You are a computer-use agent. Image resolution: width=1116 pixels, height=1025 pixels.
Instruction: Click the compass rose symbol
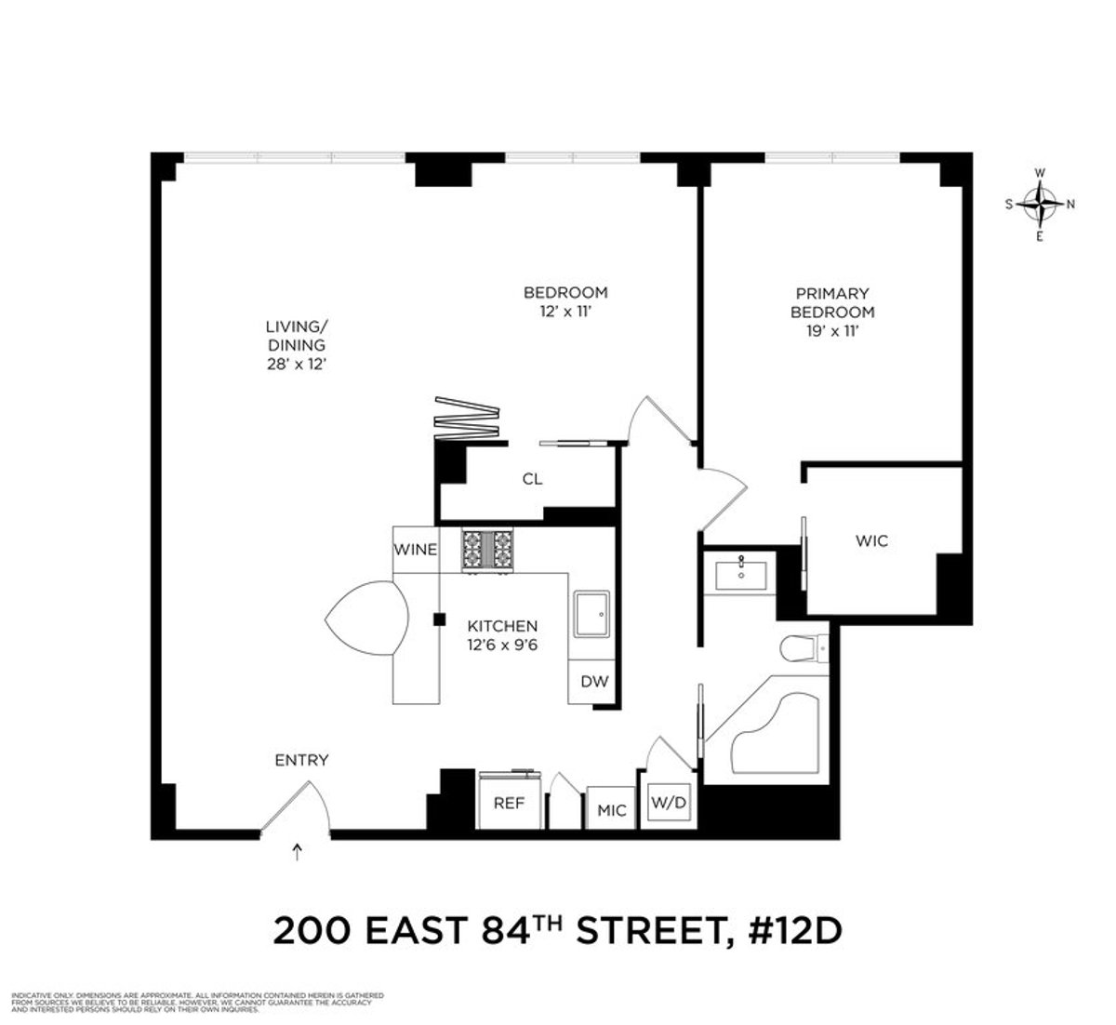(x=1039, y=204)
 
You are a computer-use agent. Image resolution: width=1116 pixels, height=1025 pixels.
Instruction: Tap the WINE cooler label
(x=415, y=550)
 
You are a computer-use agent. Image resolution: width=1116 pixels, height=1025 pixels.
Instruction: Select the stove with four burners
(x=488, y=550)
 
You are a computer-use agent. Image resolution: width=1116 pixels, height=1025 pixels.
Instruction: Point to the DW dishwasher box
(x=594, y=682)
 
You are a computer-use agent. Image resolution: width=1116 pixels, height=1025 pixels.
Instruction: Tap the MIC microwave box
(x=611, y=809)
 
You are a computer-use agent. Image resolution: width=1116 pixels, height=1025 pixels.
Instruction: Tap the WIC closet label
(x=870, y=540)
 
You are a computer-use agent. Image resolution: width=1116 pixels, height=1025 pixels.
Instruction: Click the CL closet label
(x=532, y=480)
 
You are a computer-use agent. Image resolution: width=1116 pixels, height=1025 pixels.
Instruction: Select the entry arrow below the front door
(x=298, y=850)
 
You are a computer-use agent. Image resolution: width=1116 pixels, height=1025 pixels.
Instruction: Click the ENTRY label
(x=301, y=760)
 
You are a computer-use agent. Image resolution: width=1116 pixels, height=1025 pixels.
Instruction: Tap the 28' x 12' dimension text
(x=296, y=365)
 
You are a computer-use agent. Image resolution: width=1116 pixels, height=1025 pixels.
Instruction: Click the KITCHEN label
(x=502, y=626)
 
